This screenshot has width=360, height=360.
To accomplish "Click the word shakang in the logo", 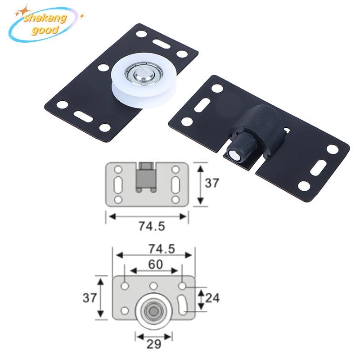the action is point(45,18).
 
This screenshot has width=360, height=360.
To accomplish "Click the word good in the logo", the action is point(45,30).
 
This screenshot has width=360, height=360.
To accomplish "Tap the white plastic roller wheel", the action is point(144,81).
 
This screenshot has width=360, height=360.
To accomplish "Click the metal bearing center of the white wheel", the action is point(144,74).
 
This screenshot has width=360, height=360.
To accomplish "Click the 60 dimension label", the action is point(155,264).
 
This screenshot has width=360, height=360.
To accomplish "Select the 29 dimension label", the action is point(153,344).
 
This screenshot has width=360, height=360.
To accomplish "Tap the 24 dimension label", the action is point(212,298).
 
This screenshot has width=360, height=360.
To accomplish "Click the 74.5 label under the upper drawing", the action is point(152,226).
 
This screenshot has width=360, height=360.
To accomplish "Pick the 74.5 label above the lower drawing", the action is point(162,249).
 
